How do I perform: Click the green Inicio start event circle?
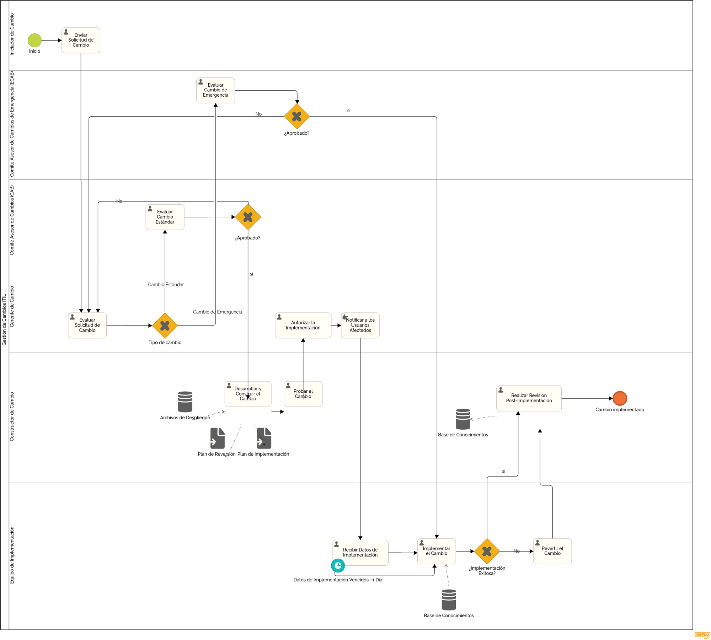(34, 40)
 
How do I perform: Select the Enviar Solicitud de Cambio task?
(81, 40)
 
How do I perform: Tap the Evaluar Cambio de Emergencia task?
(215, 90)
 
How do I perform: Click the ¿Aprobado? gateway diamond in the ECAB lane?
(297, 116)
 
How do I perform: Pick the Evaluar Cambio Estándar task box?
(165, 217)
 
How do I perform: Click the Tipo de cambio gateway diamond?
(165, 326)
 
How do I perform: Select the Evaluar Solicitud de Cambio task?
(87, 325)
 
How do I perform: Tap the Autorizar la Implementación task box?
(303, 325)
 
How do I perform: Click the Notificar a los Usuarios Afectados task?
(360, 325)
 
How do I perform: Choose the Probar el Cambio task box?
(303, 394)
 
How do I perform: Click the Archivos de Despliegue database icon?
(185, 402)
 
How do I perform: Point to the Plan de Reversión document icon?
(218, 438)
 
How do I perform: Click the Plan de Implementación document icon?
(264, 438)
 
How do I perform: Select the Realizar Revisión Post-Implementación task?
(529, 398)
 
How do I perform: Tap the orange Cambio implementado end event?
(620, 398)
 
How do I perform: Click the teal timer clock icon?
(338, 565)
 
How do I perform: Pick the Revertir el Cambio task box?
(552, 551)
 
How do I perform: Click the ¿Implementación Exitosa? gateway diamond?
(487, 551)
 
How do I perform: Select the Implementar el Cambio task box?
(437, 551)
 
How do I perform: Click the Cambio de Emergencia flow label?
(218, 312)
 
